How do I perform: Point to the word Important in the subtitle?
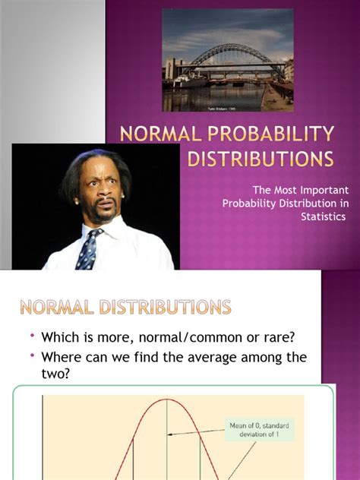(307, 190)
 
